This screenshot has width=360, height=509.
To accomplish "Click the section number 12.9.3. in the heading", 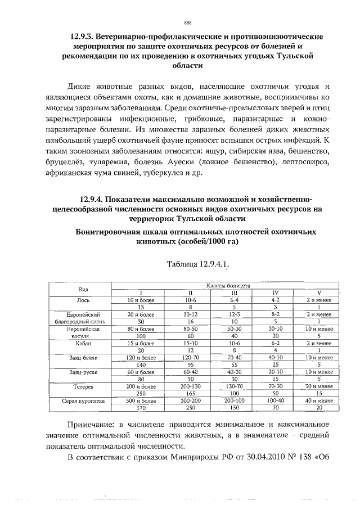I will [85, 37].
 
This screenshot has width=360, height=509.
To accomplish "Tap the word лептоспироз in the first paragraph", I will [301, 162].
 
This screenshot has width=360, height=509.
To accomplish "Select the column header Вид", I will [83, 289].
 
